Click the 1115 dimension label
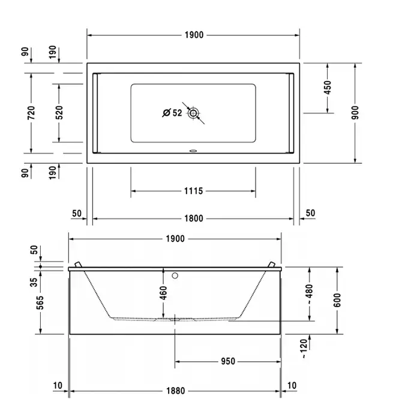point(193,191)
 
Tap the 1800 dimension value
point(194,218)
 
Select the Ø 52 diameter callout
point(172,113)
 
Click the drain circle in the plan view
point(193,113)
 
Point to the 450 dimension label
point(328,88)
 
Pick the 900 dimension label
point(355,113)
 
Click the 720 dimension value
point(31,113)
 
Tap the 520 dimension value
point(59,113)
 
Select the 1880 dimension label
point(175,391)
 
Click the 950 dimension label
point(228,361)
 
